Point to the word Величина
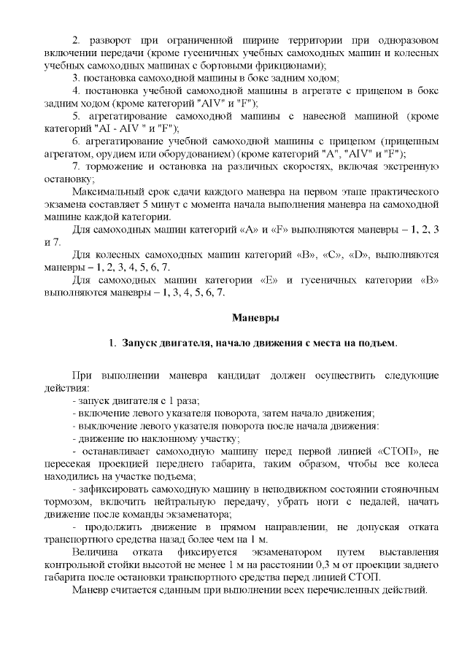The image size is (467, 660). tap(96, 552)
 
